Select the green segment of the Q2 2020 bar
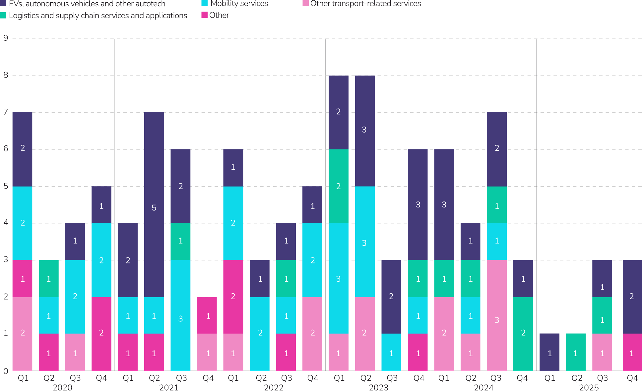click(49, 278)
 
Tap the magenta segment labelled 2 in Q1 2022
click(233, 297)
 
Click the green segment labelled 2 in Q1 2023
click(339, 186)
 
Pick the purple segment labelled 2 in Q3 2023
click(391, 297)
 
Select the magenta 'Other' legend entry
click(215, 15)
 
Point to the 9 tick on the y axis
click(6, 38)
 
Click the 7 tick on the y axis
click(6, 112)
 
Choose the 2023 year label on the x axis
click(378, 387)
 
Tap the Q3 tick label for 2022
click(287, 378)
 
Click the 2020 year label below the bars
click(62, 387)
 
